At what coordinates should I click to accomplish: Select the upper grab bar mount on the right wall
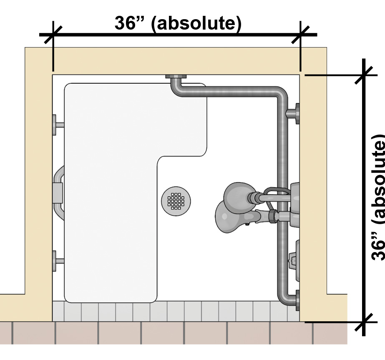pos(294,113)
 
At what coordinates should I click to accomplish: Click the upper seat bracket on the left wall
pos(58,125)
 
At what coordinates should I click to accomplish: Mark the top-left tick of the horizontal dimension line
pos(53,35)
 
